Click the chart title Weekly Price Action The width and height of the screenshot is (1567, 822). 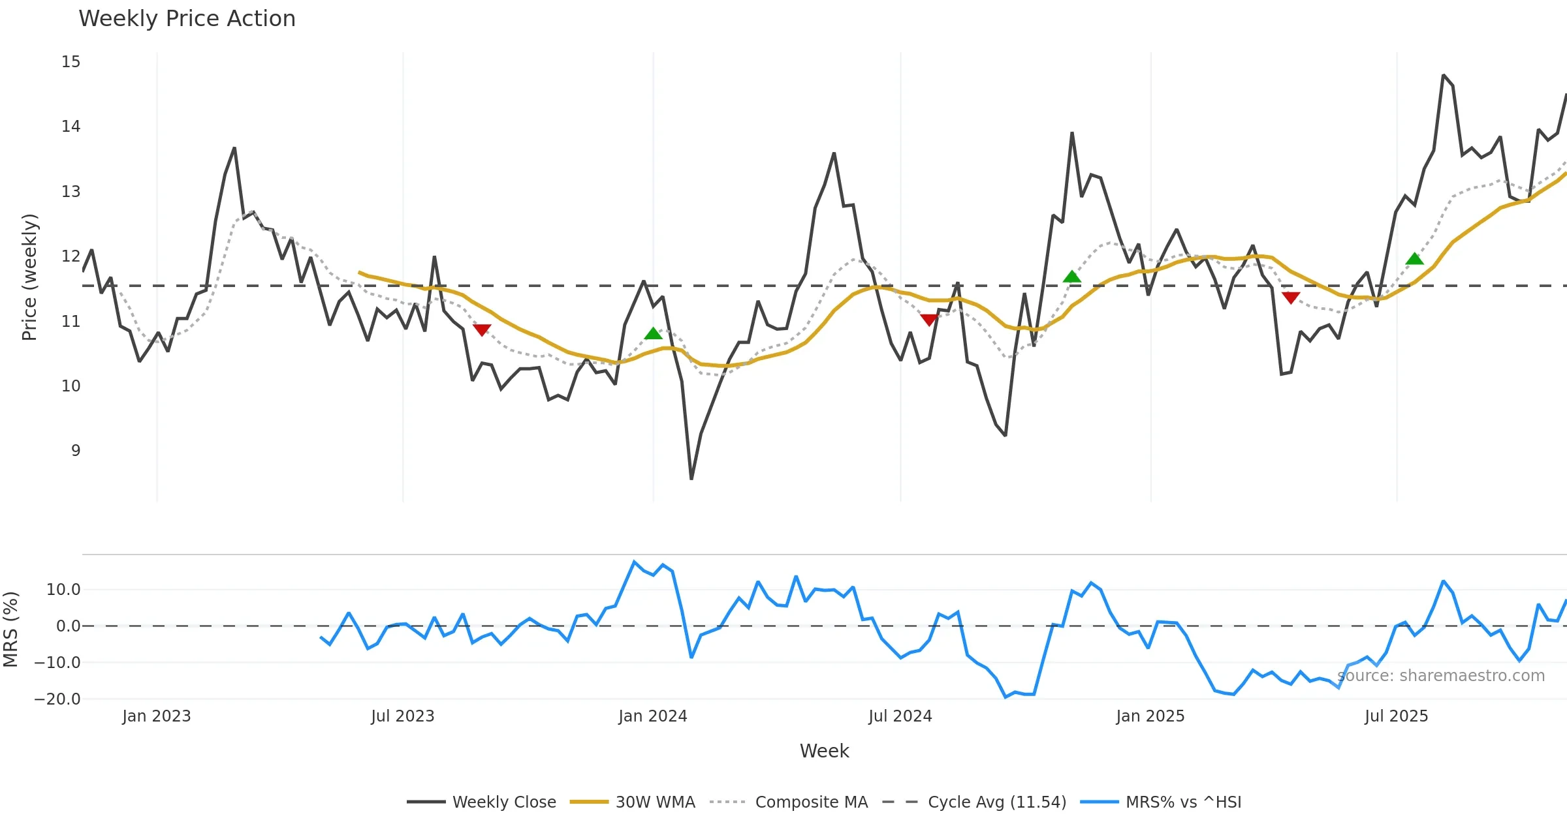[187, 19]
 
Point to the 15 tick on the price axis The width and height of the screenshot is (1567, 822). [71, 62]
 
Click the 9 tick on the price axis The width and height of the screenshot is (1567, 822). [76, 451]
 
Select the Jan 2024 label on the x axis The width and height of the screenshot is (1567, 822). [653, 716]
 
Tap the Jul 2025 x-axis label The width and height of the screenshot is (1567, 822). [1397, 716]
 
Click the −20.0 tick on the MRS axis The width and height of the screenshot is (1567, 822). [57, 699]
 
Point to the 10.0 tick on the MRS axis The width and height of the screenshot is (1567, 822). [63, 590]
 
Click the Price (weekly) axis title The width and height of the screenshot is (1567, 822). [29, 277]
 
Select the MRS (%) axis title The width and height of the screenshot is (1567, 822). [10, 629]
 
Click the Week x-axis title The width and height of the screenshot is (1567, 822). [824, 752]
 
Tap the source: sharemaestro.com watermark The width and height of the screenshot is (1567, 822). [1441, 676]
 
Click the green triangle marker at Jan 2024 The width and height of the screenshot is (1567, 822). [653, 334]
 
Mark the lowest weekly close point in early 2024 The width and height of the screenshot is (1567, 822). [691, 479]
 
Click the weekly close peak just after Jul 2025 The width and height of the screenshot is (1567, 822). [1444, 76]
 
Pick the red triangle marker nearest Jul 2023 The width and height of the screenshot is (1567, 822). [482, 330]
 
